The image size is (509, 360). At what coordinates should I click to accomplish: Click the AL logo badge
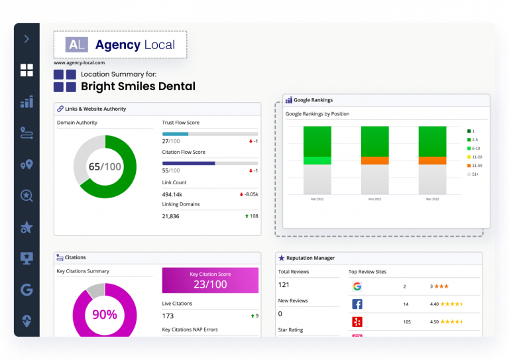pyautogui.click(x=76, y=44)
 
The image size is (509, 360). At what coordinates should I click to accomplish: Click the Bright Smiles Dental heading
pyautogui.click(x=138, y=86)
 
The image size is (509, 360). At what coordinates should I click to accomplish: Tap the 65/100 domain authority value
pyautogui.click(x=105, y=166)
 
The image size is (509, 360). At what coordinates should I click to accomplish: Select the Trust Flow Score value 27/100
pyautogui.click(x=171, y=141)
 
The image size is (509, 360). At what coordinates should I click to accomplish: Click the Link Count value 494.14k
pyautogui.click(x=177, y=194)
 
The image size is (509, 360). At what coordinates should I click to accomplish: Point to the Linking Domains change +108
pyautogui.click(x=251, y=216)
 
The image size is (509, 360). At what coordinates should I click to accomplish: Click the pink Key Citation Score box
pyautogui.click(x=210, y=280)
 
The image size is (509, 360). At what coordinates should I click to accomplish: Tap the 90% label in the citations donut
pyautogui.click(x=105, y=315)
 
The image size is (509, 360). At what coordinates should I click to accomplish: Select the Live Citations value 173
pyautogui.click(x=168, y=316)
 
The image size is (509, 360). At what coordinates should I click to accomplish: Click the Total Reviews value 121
pyautogui.click(x=284, y=284)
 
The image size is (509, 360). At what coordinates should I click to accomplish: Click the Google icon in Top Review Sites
pyautogui.click(x=357, y=286)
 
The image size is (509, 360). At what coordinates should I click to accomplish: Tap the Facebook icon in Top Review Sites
pyautogui.click(x=357, y=304)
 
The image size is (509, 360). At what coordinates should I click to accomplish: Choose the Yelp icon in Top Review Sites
pyautogui.click(x=357, y=322)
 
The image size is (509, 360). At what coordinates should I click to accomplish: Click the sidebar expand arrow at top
pyautogui.click(x=27, y=39)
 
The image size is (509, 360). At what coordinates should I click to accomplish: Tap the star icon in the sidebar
pyautogui.click(x=27, y=227)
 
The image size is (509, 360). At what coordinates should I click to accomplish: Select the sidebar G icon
pyautogui.click(x=27, y=289)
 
